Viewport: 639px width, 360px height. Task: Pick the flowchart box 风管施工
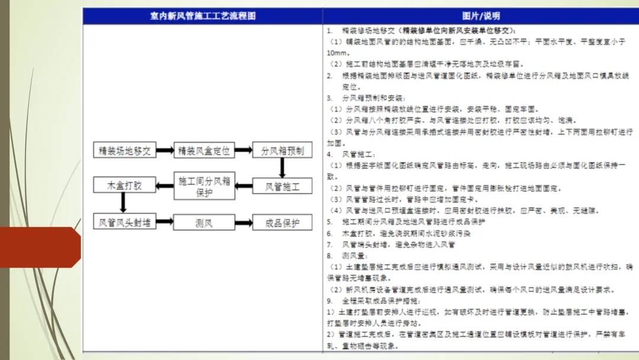click(x=282, y=186)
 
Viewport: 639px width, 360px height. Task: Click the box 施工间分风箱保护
click(x=204, y=186)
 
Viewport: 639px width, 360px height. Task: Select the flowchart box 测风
click(x=204, y=223)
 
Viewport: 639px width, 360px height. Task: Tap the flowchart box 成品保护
click(x=282, y=223)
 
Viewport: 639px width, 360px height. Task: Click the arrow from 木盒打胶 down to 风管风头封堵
click(x=124, y=204)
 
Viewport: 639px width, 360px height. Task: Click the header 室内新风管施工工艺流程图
click(x=202, y=15)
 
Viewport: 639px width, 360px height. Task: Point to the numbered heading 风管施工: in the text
click(x=355, y=154)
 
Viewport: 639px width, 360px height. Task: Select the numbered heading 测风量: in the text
click(x=353, y=256)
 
